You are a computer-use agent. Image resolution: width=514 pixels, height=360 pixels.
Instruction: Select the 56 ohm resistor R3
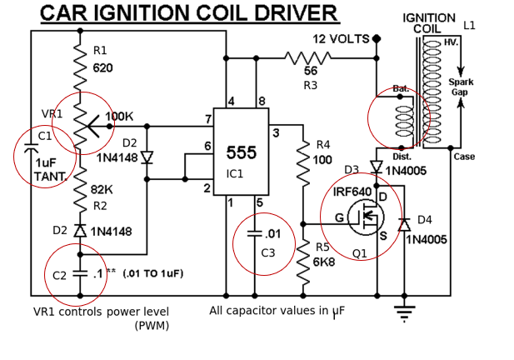click(x=309, y=58)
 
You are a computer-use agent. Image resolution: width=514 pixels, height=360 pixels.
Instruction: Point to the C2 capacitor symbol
click(x=80, y=272)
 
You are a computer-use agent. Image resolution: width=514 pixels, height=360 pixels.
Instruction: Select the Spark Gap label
click(x=461, y=87)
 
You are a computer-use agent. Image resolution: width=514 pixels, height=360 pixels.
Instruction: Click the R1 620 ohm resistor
click(x=80, y=61)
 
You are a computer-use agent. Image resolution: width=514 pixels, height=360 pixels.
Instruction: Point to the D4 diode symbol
click(x=404, y=224)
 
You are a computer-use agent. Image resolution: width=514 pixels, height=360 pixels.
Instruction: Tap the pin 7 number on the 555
click(x=207, y=119)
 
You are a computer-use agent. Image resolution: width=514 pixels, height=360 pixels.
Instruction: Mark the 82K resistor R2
click(x=80, y=192)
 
